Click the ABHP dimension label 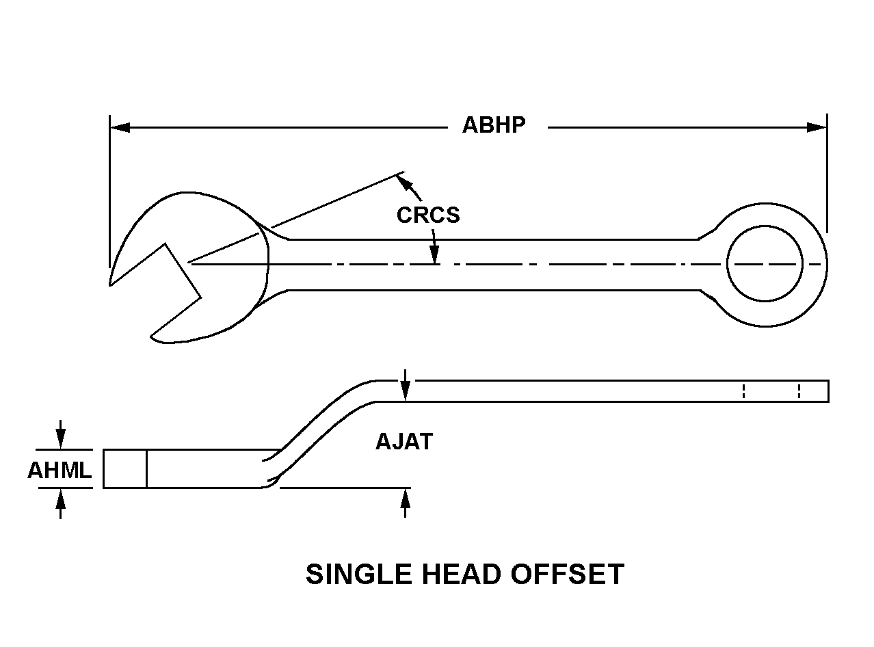coord(494,126)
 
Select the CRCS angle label coord(428,215)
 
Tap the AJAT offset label coord(404,442)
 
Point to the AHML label coord(59,471)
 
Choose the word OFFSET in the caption coord(574,575)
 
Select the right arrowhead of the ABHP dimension coord(817,127)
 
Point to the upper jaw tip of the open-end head coord(111,282)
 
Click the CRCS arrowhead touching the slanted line coord(404,181)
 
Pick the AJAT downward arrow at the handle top coord(406,390)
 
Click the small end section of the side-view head coord(125,469)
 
